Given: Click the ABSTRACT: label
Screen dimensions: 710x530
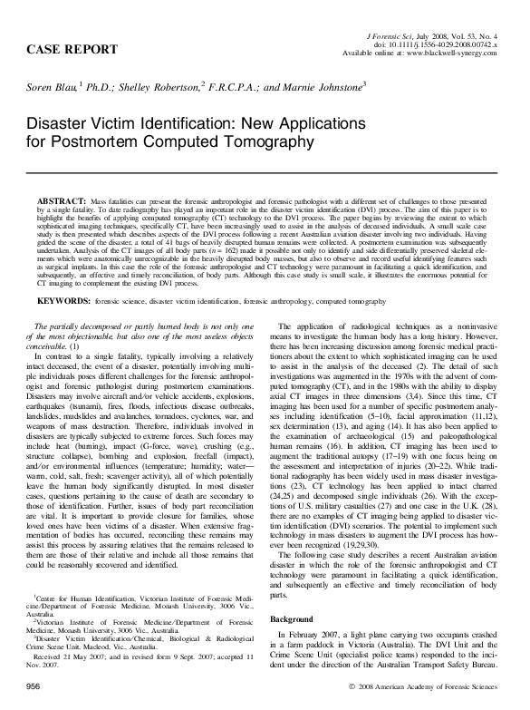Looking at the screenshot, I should click(60, 198).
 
